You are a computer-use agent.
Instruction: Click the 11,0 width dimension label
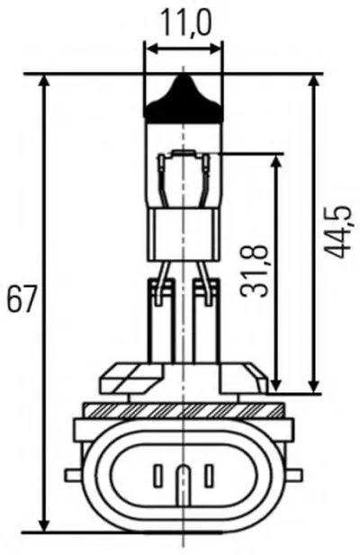tap(185, 23)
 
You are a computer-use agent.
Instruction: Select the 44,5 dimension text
tap(338, 231)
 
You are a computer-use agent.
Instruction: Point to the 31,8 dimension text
tap(254, 271)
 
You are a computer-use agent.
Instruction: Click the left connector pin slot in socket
tap(157, 476)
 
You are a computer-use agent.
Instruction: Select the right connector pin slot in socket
tap(210, 476)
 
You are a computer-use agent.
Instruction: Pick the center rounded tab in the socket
tap(183, 488)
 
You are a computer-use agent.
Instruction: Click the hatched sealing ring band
tap(184, 410)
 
